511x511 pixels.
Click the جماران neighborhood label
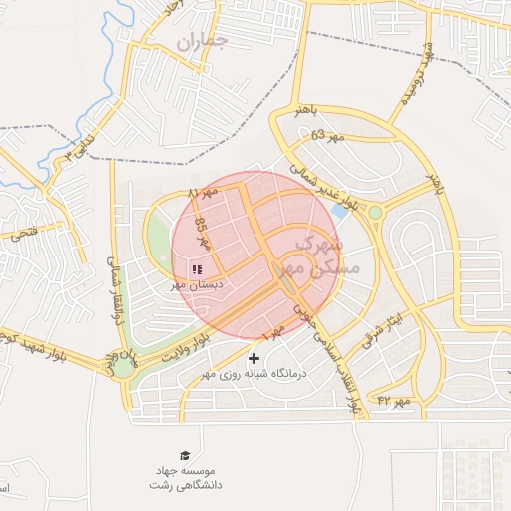click(202, 40)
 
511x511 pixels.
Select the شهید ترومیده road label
click(417, 76)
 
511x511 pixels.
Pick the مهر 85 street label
click(204, 233)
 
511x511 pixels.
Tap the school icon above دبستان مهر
click(196, 268)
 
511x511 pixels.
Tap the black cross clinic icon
click(254, 358)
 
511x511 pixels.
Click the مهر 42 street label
click(394, 401)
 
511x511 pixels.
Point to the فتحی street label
click(23, 235)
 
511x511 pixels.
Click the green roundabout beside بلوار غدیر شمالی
click(375, 212)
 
